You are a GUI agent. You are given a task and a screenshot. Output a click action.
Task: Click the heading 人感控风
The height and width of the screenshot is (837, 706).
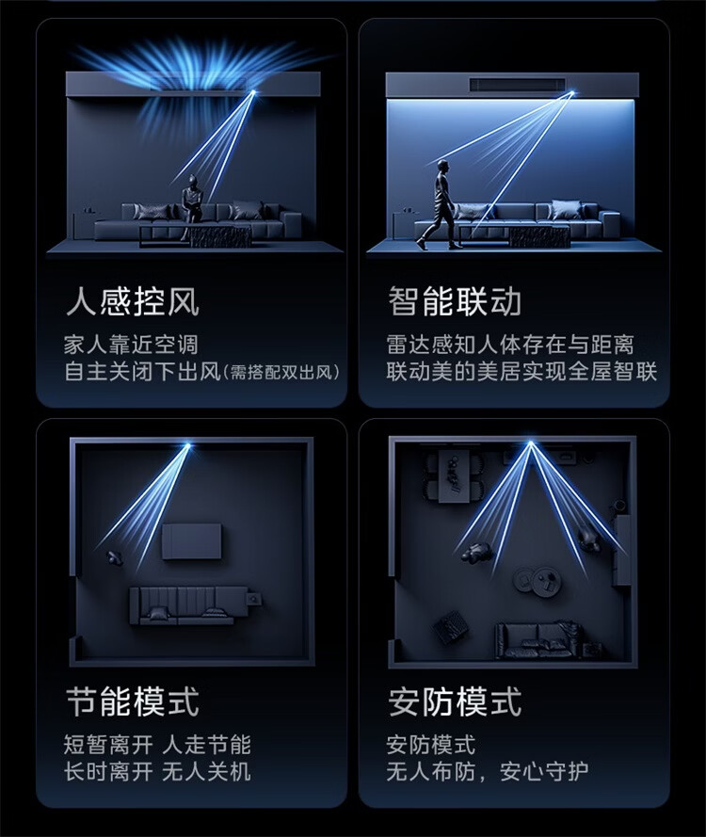(133, 301)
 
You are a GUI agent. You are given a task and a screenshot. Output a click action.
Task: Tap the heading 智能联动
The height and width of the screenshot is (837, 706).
(455, 301)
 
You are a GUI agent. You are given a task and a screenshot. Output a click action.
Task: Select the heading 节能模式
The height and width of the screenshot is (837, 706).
(133, 701)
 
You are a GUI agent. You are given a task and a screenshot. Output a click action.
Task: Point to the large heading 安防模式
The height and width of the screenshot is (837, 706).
(455, 701)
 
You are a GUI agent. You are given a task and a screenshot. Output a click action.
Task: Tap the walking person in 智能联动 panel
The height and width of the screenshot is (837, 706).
(441, 204)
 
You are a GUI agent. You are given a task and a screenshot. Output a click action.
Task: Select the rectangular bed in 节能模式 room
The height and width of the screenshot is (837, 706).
(192, 541)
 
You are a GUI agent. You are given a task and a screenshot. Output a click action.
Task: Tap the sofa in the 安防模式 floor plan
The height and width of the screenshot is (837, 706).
(538, 639)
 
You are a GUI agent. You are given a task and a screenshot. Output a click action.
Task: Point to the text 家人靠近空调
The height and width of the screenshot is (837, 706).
(131, 345)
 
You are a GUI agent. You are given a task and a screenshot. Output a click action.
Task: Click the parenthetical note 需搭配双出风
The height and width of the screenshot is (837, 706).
(281, 373)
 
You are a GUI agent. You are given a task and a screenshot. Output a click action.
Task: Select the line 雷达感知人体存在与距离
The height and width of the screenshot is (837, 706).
(510, 345)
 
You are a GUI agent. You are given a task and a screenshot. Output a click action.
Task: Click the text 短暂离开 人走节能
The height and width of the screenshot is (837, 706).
(157, 745)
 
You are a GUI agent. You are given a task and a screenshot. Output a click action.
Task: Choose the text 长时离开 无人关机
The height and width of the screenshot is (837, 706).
(157, 771)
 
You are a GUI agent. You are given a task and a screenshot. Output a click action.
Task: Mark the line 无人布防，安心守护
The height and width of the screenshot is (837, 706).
(488, 771)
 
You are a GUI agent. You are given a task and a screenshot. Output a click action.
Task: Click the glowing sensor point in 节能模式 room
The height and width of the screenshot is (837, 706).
(188, 444)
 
